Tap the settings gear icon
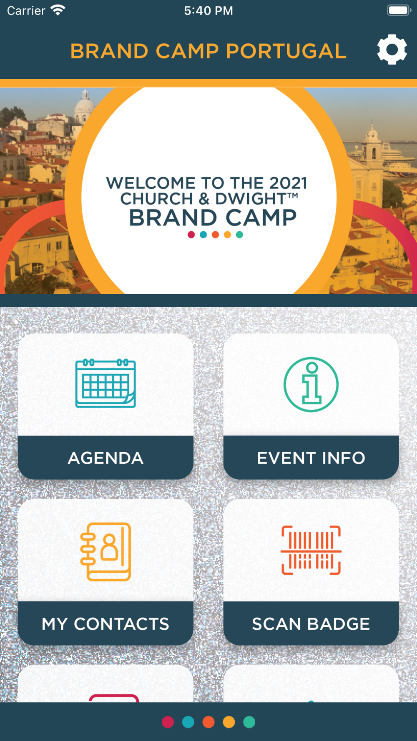(392, 50)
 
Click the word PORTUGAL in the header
(286, 51)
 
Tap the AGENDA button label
(106, 458)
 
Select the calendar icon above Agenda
(106, 383)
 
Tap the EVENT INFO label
(311, 458)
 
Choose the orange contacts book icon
(106, 551)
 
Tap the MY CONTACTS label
(106, 624)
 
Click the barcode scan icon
(311, 550)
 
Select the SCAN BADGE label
(311, 624)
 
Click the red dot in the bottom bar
(168, 722)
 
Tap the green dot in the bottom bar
(249, 722)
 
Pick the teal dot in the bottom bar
(188, 722)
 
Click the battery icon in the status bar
(399, 10)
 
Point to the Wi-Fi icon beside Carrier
(58, 10)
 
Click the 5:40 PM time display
(208, 10)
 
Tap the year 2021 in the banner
(288, 183)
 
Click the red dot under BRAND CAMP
(191, 235)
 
